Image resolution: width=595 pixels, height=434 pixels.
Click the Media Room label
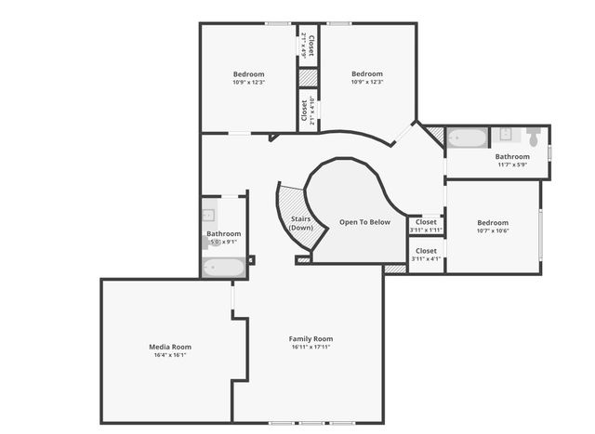click(x=170, y=347)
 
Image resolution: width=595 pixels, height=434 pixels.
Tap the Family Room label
click(x=311, y=338)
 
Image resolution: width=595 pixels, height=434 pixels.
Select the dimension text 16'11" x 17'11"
click(x=311, y=347)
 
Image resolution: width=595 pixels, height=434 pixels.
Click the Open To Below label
click(x=365, y=222)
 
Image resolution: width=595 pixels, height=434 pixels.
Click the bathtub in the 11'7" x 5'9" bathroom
click(x=467, y=138)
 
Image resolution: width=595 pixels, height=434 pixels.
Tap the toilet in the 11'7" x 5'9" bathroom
click(x=534, y=136)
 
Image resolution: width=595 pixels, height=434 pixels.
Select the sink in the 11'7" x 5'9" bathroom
click(x=507, y=134)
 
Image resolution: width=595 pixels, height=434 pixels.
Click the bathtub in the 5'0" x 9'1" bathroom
click(x=224, y=268)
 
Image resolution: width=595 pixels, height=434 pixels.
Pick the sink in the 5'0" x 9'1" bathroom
click(x=208, y=216)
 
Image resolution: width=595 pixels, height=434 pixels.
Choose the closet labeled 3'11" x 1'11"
click(x=426, y=225)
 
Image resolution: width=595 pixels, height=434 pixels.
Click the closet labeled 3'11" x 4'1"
click(x=426, y=255)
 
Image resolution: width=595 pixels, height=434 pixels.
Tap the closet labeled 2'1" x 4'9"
click(x=309, y=46)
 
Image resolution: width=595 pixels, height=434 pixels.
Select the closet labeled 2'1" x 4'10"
click(x=308, y=110)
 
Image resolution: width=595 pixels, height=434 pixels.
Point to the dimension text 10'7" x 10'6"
click(x=493, y=231)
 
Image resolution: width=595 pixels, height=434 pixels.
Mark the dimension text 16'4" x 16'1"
click(x=170, y=355)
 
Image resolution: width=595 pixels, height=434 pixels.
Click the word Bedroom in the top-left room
click(x=248, y=74)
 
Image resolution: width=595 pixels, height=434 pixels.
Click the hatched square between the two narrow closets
click(x=308, y=77)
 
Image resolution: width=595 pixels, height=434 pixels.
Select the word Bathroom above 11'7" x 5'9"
click(x=511, y=157)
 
